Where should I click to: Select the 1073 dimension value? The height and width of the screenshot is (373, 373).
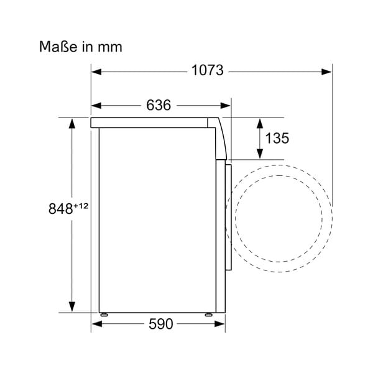point(207,71)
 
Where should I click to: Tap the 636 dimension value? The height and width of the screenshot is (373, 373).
point(159,106)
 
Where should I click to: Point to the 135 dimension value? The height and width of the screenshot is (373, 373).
point(277,138)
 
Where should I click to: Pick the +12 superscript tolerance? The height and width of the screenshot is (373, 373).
point(81,206)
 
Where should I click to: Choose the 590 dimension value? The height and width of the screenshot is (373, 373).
point(160,324)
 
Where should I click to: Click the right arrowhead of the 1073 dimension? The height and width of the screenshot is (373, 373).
point(327,71)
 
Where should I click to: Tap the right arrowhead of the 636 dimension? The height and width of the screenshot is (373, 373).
point(226,106)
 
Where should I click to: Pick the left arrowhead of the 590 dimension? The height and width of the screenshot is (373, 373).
point(96,324)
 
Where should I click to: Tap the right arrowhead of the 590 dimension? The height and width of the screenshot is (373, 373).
point(221,324)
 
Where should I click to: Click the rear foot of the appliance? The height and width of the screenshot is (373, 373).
point(104,313)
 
